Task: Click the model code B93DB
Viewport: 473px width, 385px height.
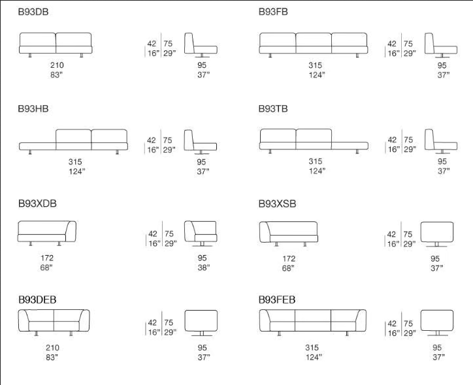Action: tap(33, 12)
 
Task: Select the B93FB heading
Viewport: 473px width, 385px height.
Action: tap(273, 12)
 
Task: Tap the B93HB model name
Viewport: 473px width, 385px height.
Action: tap(33, 108)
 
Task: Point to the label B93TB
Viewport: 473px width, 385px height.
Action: tap(273, 108)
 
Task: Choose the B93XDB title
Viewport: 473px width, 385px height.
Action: tap(37, 204)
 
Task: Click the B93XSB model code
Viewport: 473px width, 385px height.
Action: tap(277, 204)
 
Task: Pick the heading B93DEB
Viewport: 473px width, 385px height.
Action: tap(37, 300)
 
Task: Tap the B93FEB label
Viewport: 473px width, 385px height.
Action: tap(277, 300)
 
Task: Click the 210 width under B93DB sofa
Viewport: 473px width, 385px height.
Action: tap(57, 65)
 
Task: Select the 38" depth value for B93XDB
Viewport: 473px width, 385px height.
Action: tap(204, 268)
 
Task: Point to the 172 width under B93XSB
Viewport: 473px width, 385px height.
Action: tap(289, 258)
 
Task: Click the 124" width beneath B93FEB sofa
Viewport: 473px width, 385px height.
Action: tap(314, 358)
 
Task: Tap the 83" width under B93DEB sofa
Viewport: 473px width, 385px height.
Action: tap(52, 358)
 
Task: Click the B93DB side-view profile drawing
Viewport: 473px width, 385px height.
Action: tap(201, 45)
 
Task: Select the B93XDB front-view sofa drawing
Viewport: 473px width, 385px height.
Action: tap(47, 233)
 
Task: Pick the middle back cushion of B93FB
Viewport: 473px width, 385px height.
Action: tap(314, 39)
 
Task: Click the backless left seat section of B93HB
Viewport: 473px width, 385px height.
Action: tap(37, 146)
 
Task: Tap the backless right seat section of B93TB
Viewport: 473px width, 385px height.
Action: tap(350, 146)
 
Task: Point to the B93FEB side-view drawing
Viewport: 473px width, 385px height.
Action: tap(437, 322)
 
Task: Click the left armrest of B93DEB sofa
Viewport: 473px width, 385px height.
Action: tap(23, 321)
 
